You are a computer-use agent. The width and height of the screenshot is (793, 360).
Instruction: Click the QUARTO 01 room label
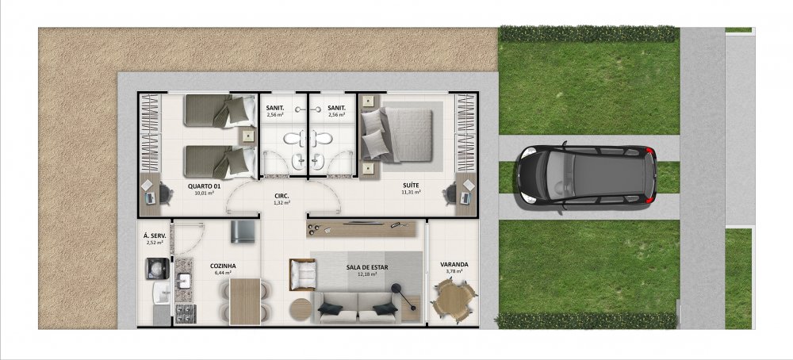pos(205,186)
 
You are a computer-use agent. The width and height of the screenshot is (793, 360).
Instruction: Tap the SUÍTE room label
pos(411,185)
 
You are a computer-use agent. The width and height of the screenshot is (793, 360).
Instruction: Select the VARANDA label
pos(454,264)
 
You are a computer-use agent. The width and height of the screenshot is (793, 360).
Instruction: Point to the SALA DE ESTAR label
pos(367,267)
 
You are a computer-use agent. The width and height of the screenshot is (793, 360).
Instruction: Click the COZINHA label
pos(223,266)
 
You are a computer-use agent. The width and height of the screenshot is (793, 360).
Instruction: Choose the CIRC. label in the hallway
pos(282,196)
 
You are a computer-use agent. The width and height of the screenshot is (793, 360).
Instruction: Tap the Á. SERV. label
pos(154,236)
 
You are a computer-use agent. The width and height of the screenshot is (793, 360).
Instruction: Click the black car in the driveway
pos(586,176)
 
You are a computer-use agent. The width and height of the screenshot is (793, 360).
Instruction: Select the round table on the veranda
pos(453,301)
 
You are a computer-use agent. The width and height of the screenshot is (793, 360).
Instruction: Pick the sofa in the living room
pos(357,308)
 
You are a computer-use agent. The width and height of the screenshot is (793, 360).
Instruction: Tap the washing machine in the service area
pos(157,269)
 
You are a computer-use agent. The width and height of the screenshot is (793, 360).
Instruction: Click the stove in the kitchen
pos(185,313)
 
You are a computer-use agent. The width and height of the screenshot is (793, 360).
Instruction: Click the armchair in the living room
pos(302,274)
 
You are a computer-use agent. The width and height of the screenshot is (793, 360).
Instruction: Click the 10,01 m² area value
pos(205,193)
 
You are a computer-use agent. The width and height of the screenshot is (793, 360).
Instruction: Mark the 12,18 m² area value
pos(366,274)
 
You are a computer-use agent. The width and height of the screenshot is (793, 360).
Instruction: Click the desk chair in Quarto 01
pos(164,193)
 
